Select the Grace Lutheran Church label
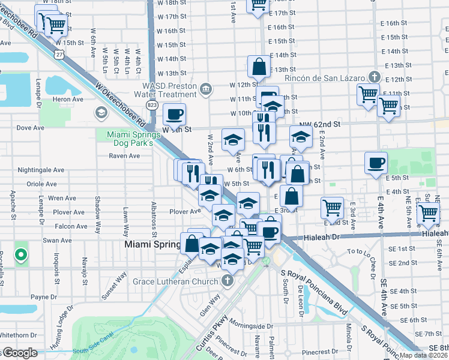(x=184, y=280)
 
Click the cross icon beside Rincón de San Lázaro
(x=375, y=77)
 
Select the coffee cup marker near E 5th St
(x=376, y=162)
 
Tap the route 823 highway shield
(x=152, y=105)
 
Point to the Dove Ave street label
(x=31, y=128)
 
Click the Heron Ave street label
(x=68, y=99)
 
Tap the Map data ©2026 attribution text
(x=423, y=355)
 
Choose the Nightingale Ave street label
(x=41, y=170)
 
